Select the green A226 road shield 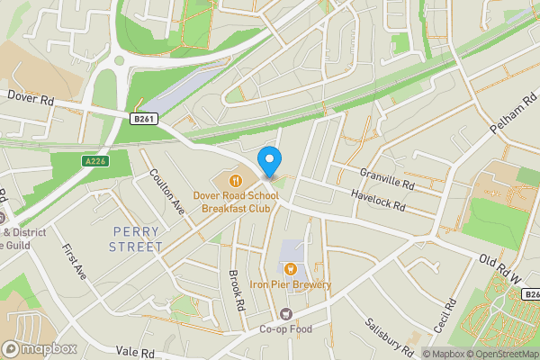[95, 161]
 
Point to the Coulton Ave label [168, 191]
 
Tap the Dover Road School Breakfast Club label [236, 200]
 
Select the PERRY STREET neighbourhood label [137, 238]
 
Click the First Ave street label [74, 261]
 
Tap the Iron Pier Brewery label [290, 285]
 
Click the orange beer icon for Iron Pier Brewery [290, 268]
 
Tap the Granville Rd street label [386, 178]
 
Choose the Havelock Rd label [378, 201]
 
